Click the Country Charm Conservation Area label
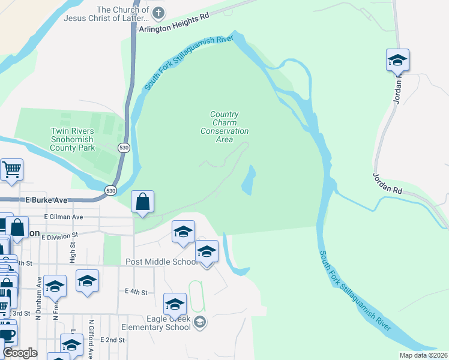click(224, 127)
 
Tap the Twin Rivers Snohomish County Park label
click(73, 139)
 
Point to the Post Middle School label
click(161, 262)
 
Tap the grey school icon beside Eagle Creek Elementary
click(200, 323)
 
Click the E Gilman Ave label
click(64, 217)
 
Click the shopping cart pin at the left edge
click(11, 170)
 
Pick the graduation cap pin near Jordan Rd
click(397, 60)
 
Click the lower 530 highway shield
click(110, 190)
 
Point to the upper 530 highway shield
click(124, 148)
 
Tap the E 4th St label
click(136, 292)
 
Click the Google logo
click(20, 353)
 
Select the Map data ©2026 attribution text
click(423, 355)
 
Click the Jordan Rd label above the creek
click(387, 182)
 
